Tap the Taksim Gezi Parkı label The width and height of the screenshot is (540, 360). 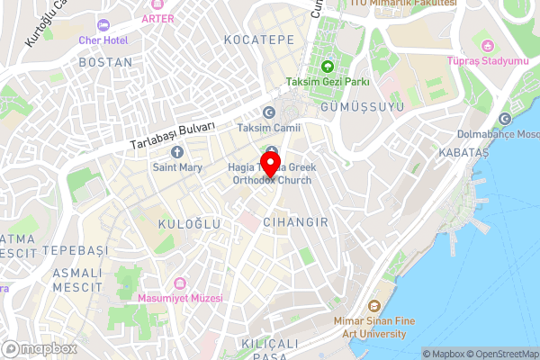click(x=328, y=82)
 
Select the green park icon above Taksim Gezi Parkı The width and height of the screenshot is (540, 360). click(x=328, y=66)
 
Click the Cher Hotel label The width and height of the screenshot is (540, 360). click(x=103, y=40)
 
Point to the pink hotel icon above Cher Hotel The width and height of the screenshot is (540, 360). click(x=103, y=24)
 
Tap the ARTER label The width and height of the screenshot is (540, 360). click(x=157, y=17)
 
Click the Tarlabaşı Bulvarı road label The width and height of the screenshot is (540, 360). click(x=172, y=136)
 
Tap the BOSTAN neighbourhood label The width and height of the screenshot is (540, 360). click(x=105, y=62)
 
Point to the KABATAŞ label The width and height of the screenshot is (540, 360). click(x=463, y=154)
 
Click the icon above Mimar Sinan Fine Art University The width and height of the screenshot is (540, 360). click(x=376, y=304)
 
